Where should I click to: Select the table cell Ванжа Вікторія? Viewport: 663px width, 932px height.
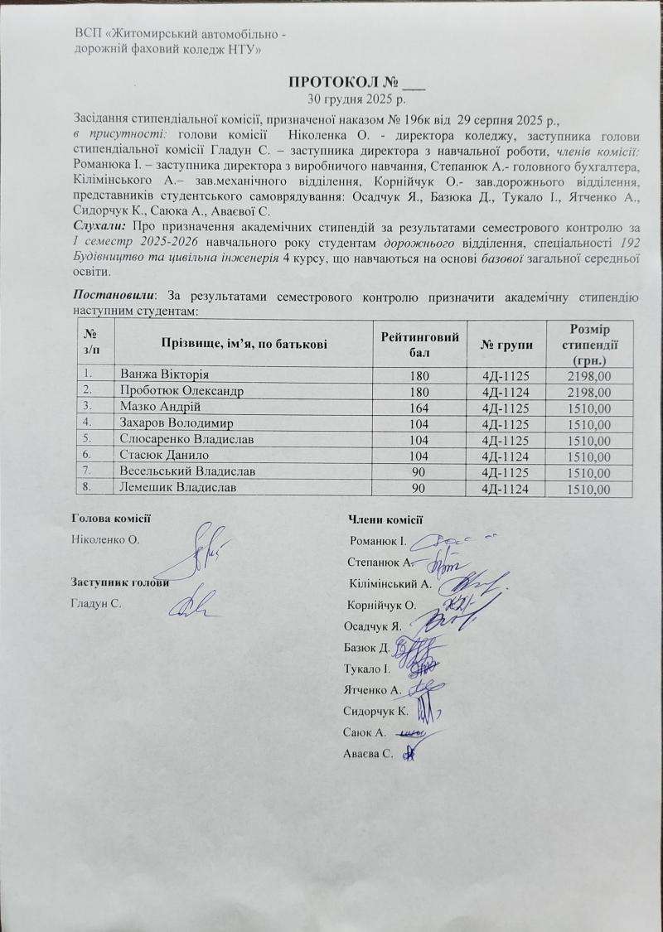(x=163, y=375)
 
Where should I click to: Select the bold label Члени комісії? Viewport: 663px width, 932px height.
(x=386, y=519)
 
